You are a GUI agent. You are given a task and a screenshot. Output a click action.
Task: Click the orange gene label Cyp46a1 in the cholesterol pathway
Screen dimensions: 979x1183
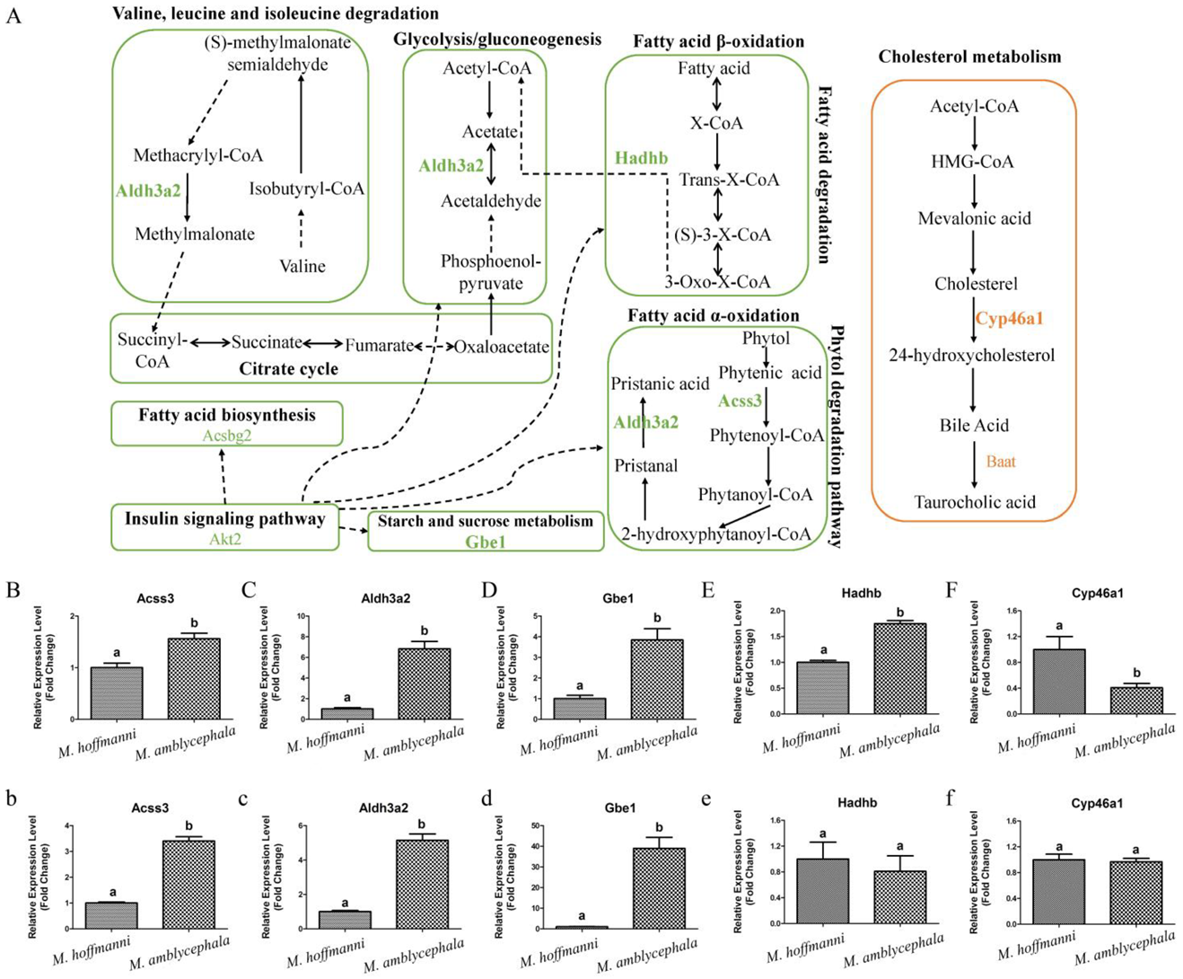click(x=1009, y=319)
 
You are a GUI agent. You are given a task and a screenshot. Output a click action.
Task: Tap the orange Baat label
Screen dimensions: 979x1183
click(x=1001, y=462)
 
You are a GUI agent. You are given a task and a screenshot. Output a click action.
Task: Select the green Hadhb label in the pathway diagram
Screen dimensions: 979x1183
click(x=641, y=158)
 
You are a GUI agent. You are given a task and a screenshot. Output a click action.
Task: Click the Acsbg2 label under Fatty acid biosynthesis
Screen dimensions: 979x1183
click(x=227, y=435)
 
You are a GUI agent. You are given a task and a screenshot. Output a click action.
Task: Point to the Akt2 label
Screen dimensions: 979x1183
click(x=224, y=539)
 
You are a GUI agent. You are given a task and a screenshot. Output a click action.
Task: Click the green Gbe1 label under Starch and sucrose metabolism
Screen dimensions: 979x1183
click(x=486, y=542)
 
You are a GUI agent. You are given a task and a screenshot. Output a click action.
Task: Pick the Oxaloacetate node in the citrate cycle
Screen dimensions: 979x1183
click(x=502, y=347)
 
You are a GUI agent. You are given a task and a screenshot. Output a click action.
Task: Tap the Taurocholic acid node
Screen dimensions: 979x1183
click(x=975, y=502)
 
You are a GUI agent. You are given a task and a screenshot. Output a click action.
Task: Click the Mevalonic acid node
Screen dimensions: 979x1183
click(x=974, y=218)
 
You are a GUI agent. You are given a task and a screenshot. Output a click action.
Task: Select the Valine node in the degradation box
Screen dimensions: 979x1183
click(x=302, y=266)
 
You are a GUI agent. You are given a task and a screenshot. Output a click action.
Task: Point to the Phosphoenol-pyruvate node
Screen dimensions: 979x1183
click(x=491, y=272)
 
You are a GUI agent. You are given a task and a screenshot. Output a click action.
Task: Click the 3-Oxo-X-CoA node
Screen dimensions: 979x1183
click(x=717, y=282)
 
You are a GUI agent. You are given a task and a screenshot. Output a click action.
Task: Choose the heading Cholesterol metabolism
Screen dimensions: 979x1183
click(x=969, y=57)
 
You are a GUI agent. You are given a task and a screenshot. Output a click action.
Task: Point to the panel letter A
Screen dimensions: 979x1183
click(x=13, y=15)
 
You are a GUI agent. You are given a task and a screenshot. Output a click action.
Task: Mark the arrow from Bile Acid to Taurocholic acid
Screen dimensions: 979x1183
click(x=974, y=463)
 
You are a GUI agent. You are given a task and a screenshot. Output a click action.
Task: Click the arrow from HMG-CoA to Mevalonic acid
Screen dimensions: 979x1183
click(x=974, y=190)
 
